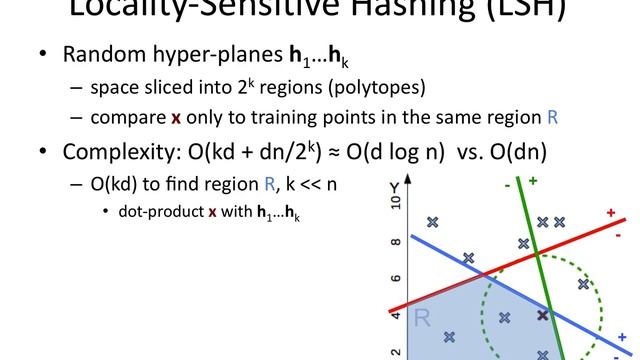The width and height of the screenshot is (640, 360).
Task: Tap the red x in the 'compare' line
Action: pos(176,117)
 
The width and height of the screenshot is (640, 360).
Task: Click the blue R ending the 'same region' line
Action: pos(553,117)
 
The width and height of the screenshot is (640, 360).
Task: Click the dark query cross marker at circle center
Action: pos(543,315)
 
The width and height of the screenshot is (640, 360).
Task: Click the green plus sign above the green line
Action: pos(533,181)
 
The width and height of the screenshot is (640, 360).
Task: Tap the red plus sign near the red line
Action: pos(610,212)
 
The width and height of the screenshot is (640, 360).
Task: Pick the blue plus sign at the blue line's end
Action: pos(622,337)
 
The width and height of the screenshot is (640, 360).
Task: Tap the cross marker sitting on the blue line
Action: pos(468,258)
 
